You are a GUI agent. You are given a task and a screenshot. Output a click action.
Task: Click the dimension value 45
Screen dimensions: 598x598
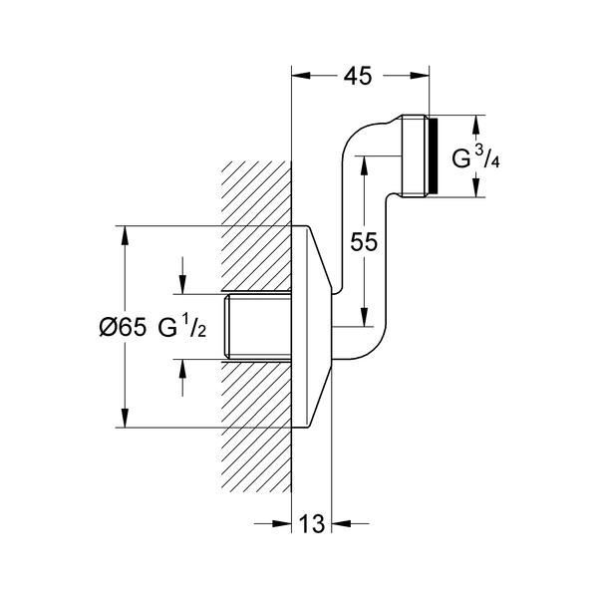(x=358, y=76)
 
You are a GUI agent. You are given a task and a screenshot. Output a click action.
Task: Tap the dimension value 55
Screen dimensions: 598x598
(x=364, y=242)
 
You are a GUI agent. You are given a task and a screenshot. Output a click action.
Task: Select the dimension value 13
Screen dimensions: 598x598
(x=312, y=523)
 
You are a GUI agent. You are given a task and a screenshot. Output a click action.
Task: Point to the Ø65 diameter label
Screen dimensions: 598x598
(x=123, y=327)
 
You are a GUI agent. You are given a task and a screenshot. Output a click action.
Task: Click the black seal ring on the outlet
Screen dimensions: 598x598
(x=433, y=156)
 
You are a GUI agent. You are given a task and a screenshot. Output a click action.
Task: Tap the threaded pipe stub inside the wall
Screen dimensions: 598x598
(x=257, y=327)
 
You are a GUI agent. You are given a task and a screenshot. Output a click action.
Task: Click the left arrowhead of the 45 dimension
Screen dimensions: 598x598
(x=301, y=76)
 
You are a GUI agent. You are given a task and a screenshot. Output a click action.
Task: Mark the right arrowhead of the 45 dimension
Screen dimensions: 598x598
(x=420, y=76)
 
